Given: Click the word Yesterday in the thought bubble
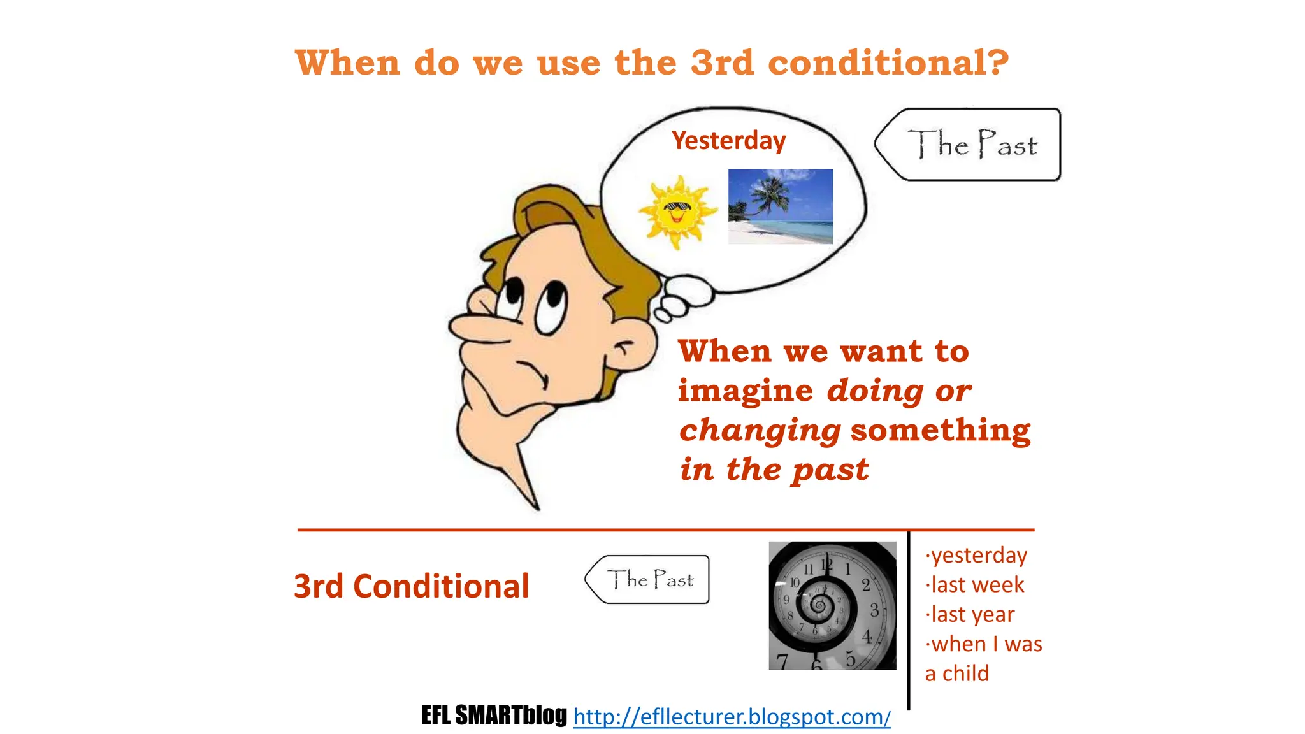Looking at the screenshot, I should (728, 141).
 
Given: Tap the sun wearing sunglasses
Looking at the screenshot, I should (677, 211).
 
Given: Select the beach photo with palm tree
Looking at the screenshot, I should (780, 206).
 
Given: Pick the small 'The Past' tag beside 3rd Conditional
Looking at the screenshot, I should (649, 580).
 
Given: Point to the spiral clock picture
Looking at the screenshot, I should (832, 605).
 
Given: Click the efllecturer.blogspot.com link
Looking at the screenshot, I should (732, 717).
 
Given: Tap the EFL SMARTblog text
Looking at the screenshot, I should (494, 716).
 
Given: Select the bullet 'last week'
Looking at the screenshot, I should (977, 584).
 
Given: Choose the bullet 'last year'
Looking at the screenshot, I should (972, 614).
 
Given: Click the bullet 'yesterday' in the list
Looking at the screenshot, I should (979, 555).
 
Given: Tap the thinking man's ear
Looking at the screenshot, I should (631, 347).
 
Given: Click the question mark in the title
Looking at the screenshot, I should (994, 62).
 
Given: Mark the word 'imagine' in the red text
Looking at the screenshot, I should (745, 391).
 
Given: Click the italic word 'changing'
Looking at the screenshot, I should (760, 431).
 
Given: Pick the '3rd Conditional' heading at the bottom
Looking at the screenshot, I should (411, 586).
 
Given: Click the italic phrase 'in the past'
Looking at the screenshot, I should (774, 470).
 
